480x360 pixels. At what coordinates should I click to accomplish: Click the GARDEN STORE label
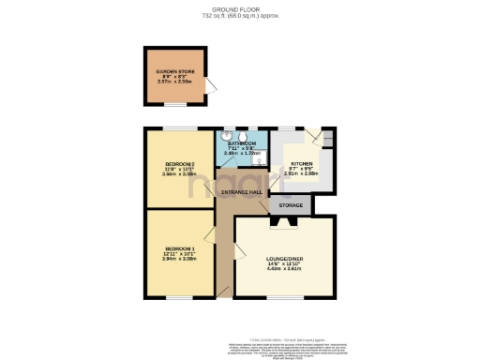click(x=174, y=71)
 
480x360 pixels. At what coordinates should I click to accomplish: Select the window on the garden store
click(x=175, y=47)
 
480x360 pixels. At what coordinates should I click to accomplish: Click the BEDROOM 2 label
click(x=178, y=163)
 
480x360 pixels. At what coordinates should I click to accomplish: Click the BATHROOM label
click(x=248, y=143)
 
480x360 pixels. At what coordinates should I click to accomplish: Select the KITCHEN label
click(x=302, y=163)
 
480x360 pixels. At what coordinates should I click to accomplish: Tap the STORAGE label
click(x=290, y=203)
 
